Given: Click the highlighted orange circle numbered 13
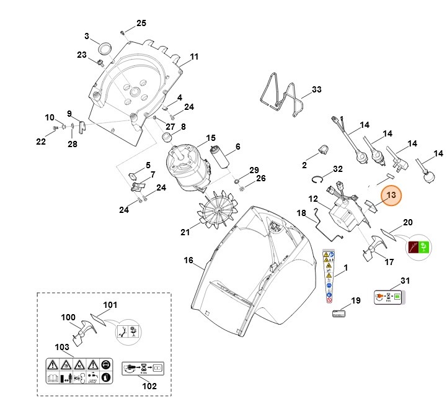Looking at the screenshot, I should click(391, 196).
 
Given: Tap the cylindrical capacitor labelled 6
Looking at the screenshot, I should click(221, 161).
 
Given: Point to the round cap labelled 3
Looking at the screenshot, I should click(104, 48).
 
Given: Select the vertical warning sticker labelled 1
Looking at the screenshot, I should click(330, 277).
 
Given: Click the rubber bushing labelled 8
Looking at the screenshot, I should click(167, 137).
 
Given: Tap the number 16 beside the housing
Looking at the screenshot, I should click(188, 261).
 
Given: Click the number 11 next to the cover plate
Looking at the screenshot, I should click(194, 57).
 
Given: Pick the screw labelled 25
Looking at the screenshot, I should click(123, 31).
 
